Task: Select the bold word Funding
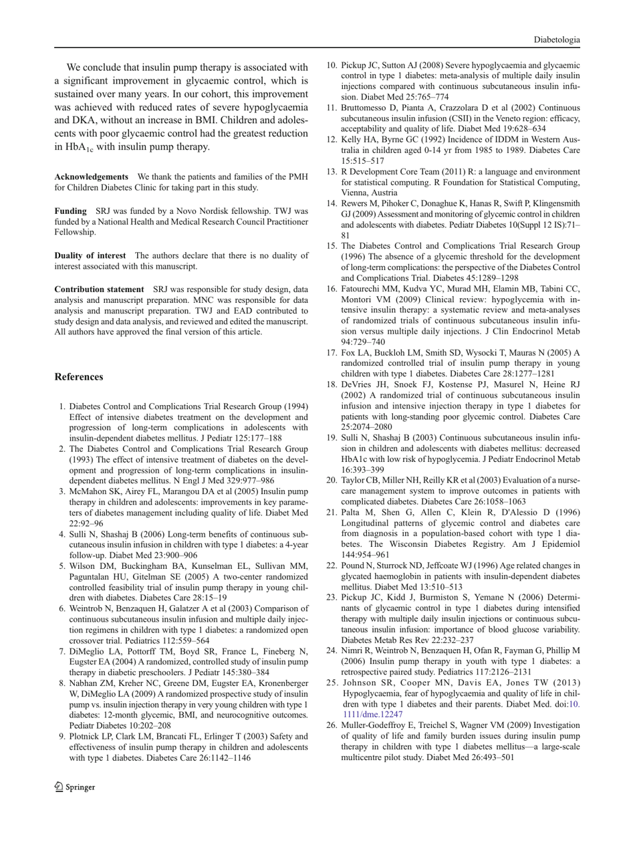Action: pos(70,209)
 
